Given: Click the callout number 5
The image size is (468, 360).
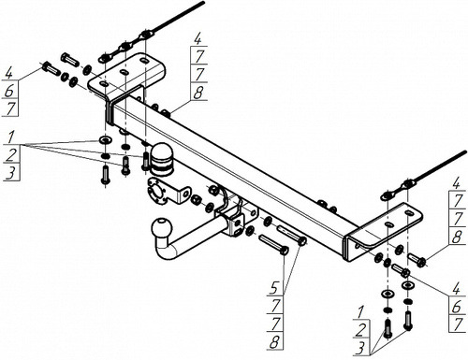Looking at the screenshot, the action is pyautogui.click(x=274, y=288).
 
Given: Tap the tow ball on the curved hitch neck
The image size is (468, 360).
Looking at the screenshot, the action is pyautogui.click(x=162, y=229).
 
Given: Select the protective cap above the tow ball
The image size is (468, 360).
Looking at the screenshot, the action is pyautogui.click(x=162, y=158).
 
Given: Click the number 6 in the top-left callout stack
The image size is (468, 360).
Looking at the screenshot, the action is pyautogui.click(x=9, y=92).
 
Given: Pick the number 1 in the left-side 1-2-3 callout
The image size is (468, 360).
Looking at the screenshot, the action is pyautogui.click(x=11, y=137).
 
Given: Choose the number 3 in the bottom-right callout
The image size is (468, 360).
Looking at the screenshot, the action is pyautogui.click(x=360, y=348).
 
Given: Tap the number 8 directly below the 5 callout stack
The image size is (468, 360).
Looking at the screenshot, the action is pyautogui.click(x=274, y=342).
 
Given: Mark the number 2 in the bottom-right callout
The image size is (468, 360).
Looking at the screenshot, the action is pyautogui.click(x=360, y=330).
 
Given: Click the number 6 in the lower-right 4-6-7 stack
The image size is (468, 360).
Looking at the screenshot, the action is pyautogui.click(x=457, y=308).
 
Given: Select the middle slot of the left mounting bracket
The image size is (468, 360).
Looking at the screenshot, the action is pyautogui.click(x=124, y=73).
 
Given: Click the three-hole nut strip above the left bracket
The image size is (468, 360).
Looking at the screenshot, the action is pyautogui.click(x=124, y=48).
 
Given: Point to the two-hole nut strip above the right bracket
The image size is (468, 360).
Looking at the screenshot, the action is pyautogui.click(x=397, y=190).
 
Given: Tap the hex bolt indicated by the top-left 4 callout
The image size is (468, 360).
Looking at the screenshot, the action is pyautogui.click(x=50, y=68).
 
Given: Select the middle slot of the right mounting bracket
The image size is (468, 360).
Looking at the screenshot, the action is pyautogui.click(x=388, y=224).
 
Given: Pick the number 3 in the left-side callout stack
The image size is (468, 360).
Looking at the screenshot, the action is pyautogui.click(x=10, y=173).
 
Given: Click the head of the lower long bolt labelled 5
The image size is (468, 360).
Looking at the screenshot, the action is pyautogui.click(x=284, y=251).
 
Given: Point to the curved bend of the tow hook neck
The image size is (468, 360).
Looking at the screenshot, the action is pyautogui.click(x=165, y=250).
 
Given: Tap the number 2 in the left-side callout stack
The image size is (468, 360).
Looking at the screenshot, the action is pyautogui.click(x=10, y=155).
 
